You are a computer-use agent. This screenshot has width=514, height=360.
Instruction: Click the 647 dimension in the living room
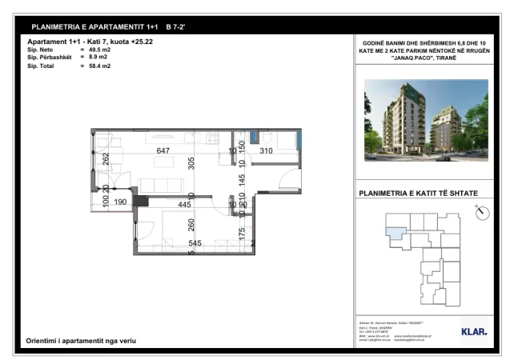[163, 151]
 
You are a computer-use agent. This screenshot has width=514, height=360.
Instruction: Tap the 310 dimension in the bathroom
[267, 151]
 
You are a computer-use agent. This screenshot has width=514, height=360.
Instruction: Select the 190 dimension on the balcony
[120, 203]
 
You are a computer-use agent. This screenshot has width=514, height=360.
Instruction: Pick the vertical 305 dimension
[191, 164]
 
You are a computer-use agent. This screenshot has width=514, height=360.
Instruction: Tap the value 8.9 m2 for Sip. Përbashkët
[98, 58]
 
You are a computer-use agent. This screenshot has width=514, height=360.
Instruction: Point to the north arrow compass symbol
[481, 214]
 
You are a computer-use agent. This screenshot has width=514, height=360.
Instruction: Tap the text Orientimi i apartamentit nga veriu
[82, 342]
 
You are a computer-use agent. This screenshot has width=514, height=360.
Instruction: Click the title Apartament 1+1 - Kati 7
[80, 42]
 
